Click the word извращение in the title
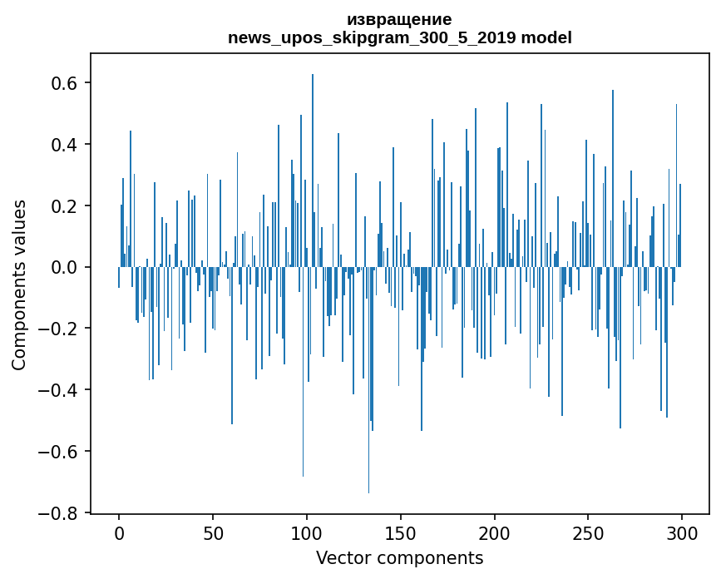click(400, 19)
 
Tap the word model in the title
click(546, 38)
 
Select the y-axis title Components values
click(19, 285)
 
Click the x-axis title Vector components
click(399, 557)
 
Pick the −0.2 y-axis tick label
click(60, 329)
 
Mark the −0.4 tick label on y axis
click(60, 390)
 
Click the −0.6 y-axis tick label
click(60, 452)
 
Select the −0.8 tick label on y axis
click(60, 513)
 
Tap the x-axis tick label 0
click(119, 532)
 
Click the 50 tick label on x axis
click(213, 532)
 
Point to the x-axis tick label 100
click(307, 532)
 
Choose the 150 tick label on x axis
click(401, 532)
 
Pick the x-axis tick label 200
click(495, 532)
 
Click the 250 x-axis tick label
click(588, 532)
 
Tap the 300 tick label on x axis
click(682, 532)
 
